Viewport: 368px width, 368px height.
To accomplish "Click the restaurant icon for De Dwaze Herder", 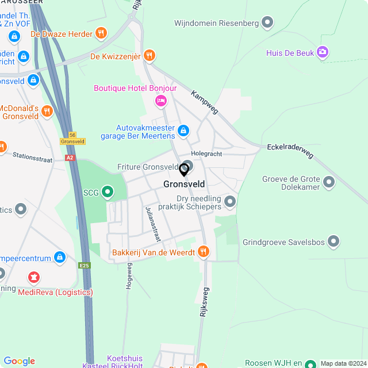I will click(x=101, y=33).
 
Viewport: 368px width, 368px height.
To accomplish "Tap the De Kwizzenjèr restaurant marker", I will click(x=149, y=55).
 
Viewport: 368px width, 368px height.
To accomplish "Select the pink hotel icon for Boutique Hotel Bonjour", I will click(x=161, y=101).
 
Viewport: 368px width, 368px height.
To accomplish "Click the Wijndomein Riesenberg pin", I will click(x=267, y=23).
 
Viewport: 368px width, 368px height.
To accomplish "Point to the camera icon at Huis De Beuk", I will click(x=323, y=53).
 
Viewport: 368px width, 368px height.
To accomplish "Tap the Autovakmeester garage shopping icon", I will click(x=183, y=131).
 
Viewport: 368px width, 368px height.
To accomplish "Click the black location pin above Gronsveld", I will click(x=184, y=170).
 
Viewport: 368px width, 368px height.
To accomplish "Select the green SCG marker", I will click(x=108, y=191).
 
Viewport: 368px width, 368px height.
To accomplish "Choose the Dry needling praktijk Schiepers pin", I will click(x=230, y=201).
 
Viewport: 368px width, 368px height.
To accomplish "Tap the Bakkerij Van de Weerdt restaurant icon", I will click(x=202, y=251).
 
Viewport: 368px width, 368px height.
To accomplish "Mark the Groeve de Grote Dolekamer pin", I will click(x=329, y=182).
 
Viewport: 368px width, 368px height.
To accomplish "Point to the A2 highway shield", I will click(x=70, y=157).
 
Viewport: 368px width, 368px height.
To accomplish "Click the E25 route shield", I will click(x=85, y=265).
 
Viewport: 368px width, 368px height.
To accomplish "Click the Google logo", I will click(x=19, y=361).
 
